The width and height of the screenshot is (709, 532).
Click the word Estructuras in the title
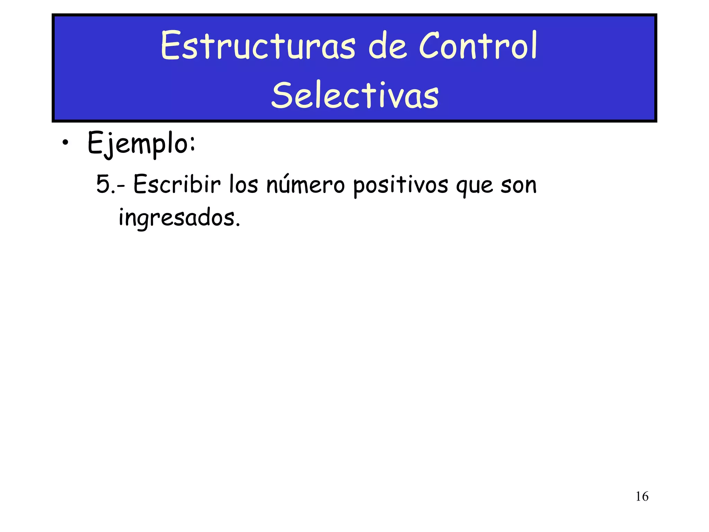click(258, 46)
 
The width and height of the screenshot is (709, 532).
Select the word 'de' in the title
click(387, 46)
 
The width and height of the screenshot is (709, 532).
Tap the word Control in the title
click(478, 46)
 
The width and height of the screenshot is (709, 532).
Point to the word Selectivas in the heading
click(355, 95)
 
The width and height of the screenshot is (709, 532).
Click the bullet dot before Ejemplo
click(65, 143)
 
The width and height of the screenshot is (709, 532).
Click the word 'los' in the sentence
click(243, 184)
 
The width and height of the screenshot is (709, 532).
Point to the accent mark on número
click(285, 176)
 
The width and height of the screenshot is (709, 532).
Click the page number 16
click(642, 496)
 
